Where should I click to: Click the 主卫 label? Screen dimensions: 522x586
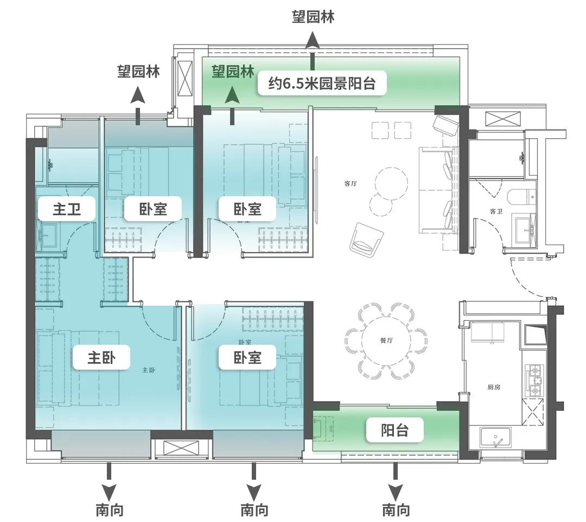[67, 209]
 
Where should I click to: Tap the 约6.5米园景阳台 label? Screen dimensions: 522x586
[322, 83]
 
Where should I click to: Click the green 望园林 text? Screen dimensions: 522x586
[233, 72]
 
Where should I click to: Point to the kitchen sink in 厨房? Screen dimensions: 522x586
[496, 436]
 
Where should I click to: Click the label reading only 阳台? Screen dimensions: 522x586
[394, 431]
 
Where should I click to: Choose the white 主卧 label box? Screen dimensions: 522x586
[101, 358]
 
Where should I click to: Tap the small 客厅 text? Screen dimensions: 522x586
[351, 183]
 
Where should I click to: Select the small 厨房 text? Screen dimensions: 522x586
[494, 387]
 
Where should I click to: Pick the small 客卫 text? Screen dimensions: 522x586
[496, 211]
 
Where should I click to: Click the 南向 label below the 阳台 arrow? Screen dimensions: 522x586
[396, 510]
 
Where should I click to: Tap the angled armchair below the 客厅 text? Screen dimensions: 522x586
[367, 239]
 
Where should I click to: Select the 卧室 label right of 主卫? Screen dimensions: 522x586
[153, 209]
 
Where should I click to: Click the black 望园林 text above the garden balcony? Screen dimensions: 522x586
[313, 16]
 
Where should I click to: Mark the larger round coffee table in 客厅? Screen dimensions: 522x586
[392, 183]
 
